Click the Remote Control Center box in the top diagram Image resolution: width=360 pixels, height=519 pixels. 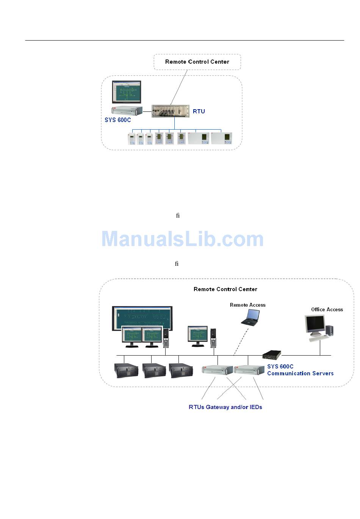[197, 62]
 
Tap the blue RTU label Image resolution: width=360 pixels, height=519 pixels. [199, 111]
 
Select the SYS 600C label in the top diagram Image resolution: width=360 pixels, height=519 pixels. [117, 120]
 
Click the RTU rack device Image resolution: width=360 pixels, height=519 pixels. [171, 111]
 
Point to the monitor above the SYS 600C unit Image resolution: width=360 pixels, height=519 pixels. [127, 92]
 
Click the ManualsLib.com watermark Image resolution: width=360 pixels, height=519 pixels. [182, 239]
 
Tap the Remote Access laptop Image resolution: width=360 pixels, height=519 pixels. [250, 318]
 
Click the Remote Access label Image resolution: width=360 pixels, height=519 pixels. [247, 305]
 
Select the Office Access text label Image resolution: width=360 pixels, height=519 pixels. [327, 309]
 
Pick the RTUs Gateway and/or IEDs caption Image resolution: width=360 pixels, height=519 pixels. [225, 407]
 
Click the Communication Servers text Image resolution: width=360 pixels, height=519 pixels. [300, 373]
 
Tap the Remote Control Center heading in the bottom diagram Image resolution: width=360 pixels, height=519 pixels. [225, 289]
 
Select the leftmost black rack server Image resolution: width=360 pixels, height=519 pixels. [126, 370]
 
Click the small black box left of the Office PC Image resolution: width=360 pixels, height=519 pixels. [272, 355]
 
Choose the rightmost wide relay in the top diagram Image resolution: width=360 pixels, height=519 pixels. [221, 138]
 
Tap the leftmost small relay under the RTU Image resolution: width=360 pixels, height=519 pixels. [131, 139]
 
